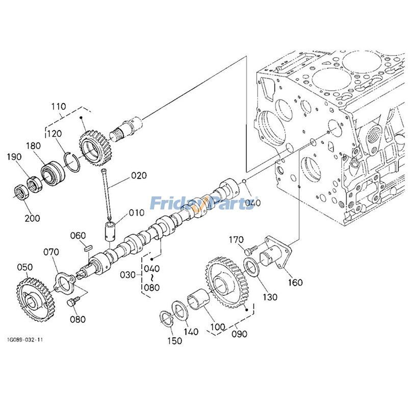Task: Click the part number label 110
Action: click(x=58, y=107)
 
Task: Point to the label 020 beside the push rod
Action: click(x=138, y=175)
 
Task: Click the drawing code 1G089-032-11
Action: click(x=25, y=339)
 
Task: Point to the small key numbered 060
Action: click(x=87, y=247)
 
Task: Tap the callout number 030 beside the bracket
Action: click(x=127, y=275)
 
